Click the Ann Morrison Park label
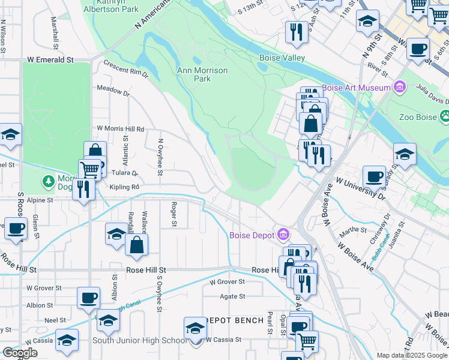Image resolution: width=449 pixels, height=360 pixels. [x=202, y=74]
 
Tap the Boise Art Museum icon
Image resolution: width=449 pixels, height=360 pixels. [x=399, y=88]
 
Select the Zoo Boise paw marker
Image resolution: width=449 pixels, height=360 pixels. [x=445, y=115]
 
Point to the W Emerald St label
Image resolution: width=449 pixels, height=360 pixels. [x=50, y=60]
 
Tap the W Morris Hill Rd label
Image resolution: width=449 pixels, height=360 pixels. [x=121, y=129]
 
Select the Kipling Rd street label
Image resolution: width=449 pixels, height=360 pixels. [x=124, y=187]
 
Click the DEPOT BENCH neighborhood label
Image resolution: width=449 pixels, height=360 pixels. [x=234, y=320]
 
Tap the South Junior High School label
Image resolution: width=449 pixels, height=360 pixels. [x=140, y=341]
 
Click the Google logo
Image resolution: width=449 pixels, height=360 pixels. [x=20, y=353]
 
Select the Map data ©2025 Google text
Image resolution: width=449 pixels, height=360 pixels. [x=411, y=355]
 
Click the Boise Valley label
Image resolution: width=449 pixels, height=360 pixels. [x=282, y=58]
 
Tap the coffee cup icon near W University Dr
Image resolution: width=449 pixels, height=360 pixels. [x=375, y=176]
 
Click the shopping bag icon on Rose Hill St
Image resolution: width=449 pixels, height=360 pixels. [x=137, y=245]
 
